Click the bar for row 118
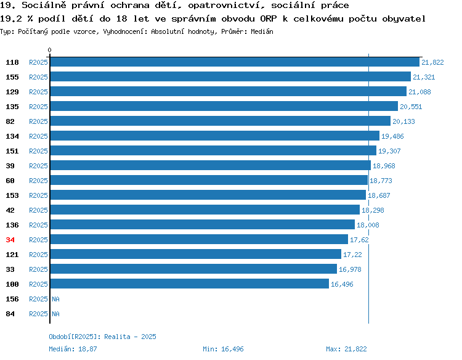235,62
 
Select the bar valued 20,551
224,106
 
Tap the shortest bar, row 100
190,284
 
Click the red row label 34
10,240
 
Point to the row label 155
12,77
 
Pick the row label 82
10,121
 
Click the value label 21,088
419,92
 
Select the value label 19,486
392,136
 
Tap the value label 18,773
381,181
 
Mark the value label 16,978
350,269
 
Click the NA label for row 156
55,299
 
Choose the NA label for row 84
55,314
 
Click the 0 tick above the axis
49,50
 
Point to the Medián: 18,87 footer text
73,349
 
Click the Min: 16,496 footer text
223,349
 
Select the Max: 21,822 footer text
346,349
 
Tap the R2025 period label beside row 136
38,225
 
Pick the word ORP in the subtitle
269,19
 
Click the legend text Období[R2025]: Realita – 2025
102,337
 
